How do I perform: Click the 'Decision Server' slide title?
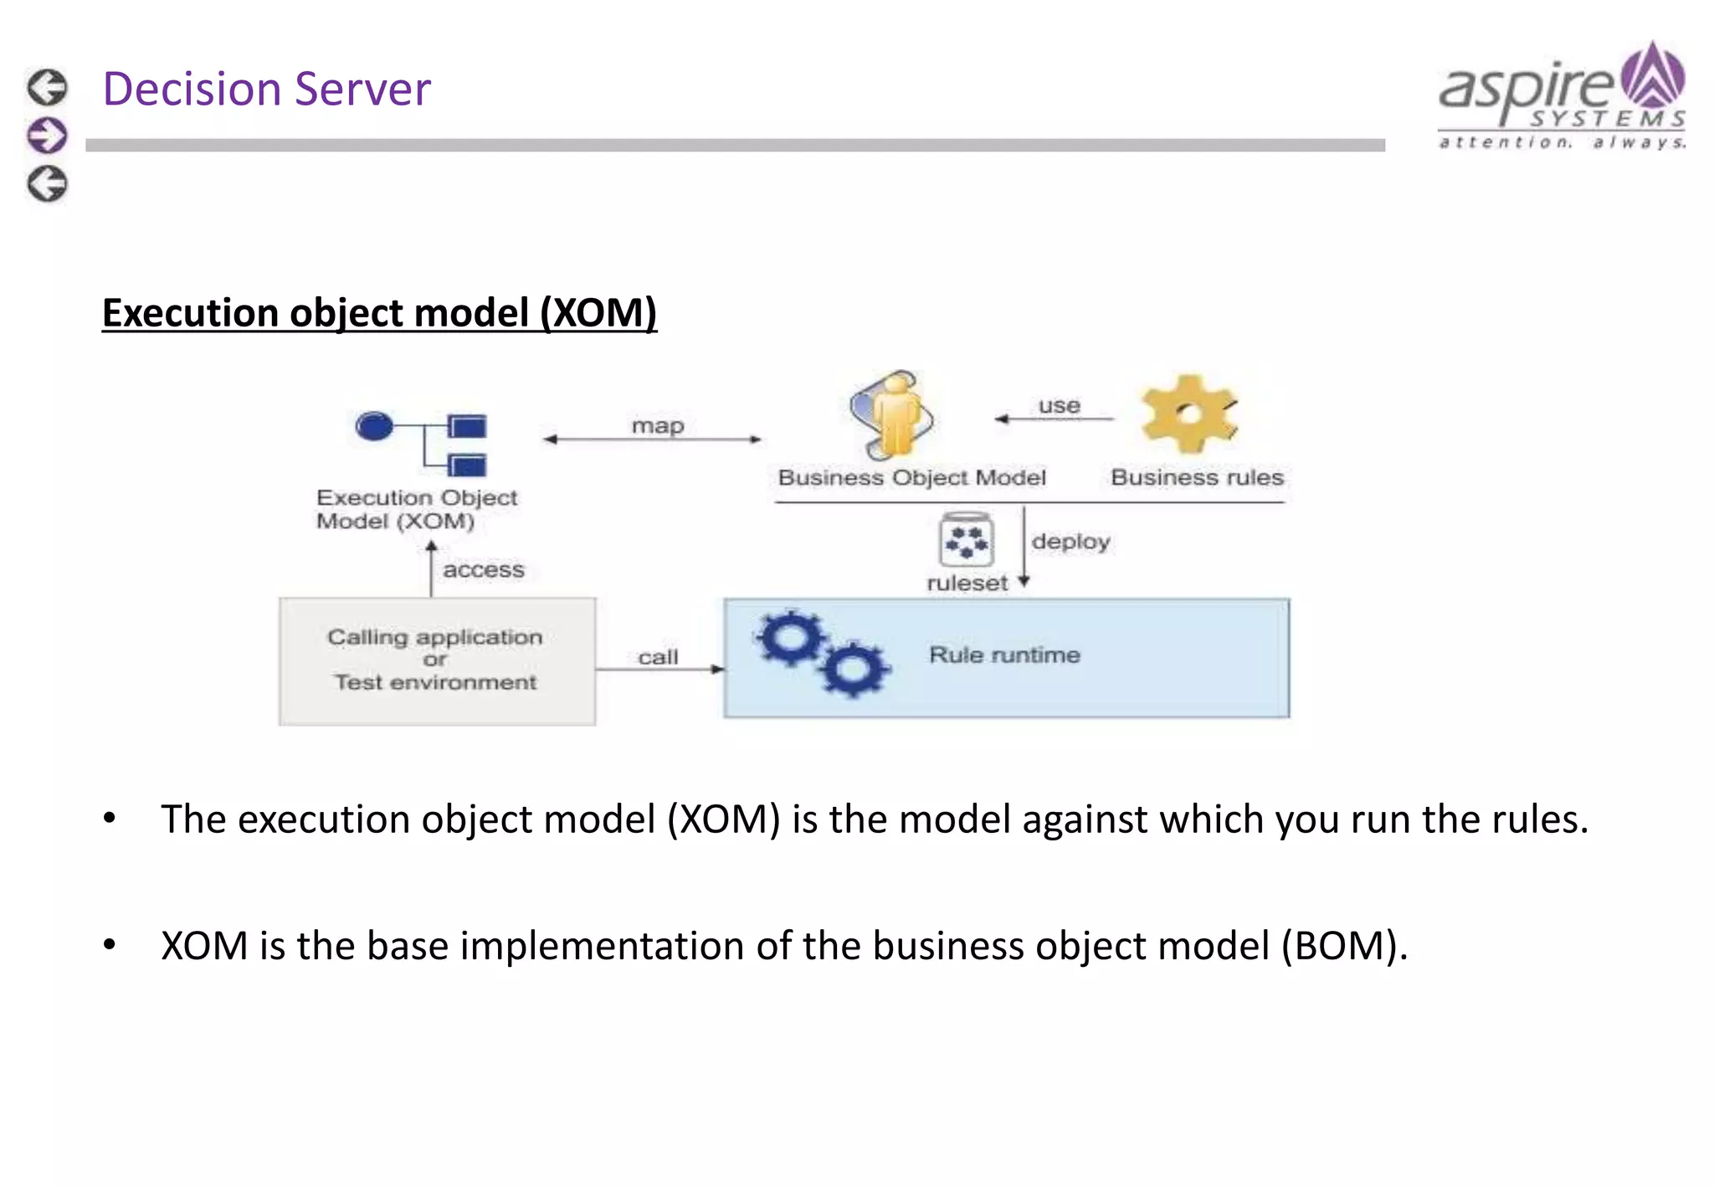point(266,89)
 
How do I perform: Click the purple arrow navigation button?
point(47,136)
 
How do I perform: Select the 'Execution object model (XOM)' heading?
point(379,313)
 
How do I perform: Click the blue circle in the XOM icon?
point(374,426)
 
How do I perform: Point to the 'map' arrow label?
point(658,425)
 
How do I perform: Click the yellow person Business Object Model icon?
point(892,415)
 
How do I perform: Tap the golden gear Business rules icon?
point(1188,414)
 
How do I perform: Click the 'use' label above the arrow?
point(1059,406)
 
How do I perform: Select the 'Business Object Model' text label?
point(911,477)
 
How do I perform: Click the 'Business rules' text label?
point(1197,477)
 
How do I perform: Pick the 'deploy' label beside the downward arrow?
point(1070,542)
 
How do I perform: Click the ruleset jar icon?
point(967,541)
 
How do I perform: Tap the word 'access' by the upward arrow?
point(483,570)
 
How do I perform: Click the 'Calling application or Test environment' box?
point(437,660)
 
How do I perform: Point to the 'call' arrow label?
point(658,657)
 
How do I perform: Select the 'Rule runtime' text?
point(1004,655)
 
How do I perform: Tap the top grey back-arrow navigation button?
point(47,87)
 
